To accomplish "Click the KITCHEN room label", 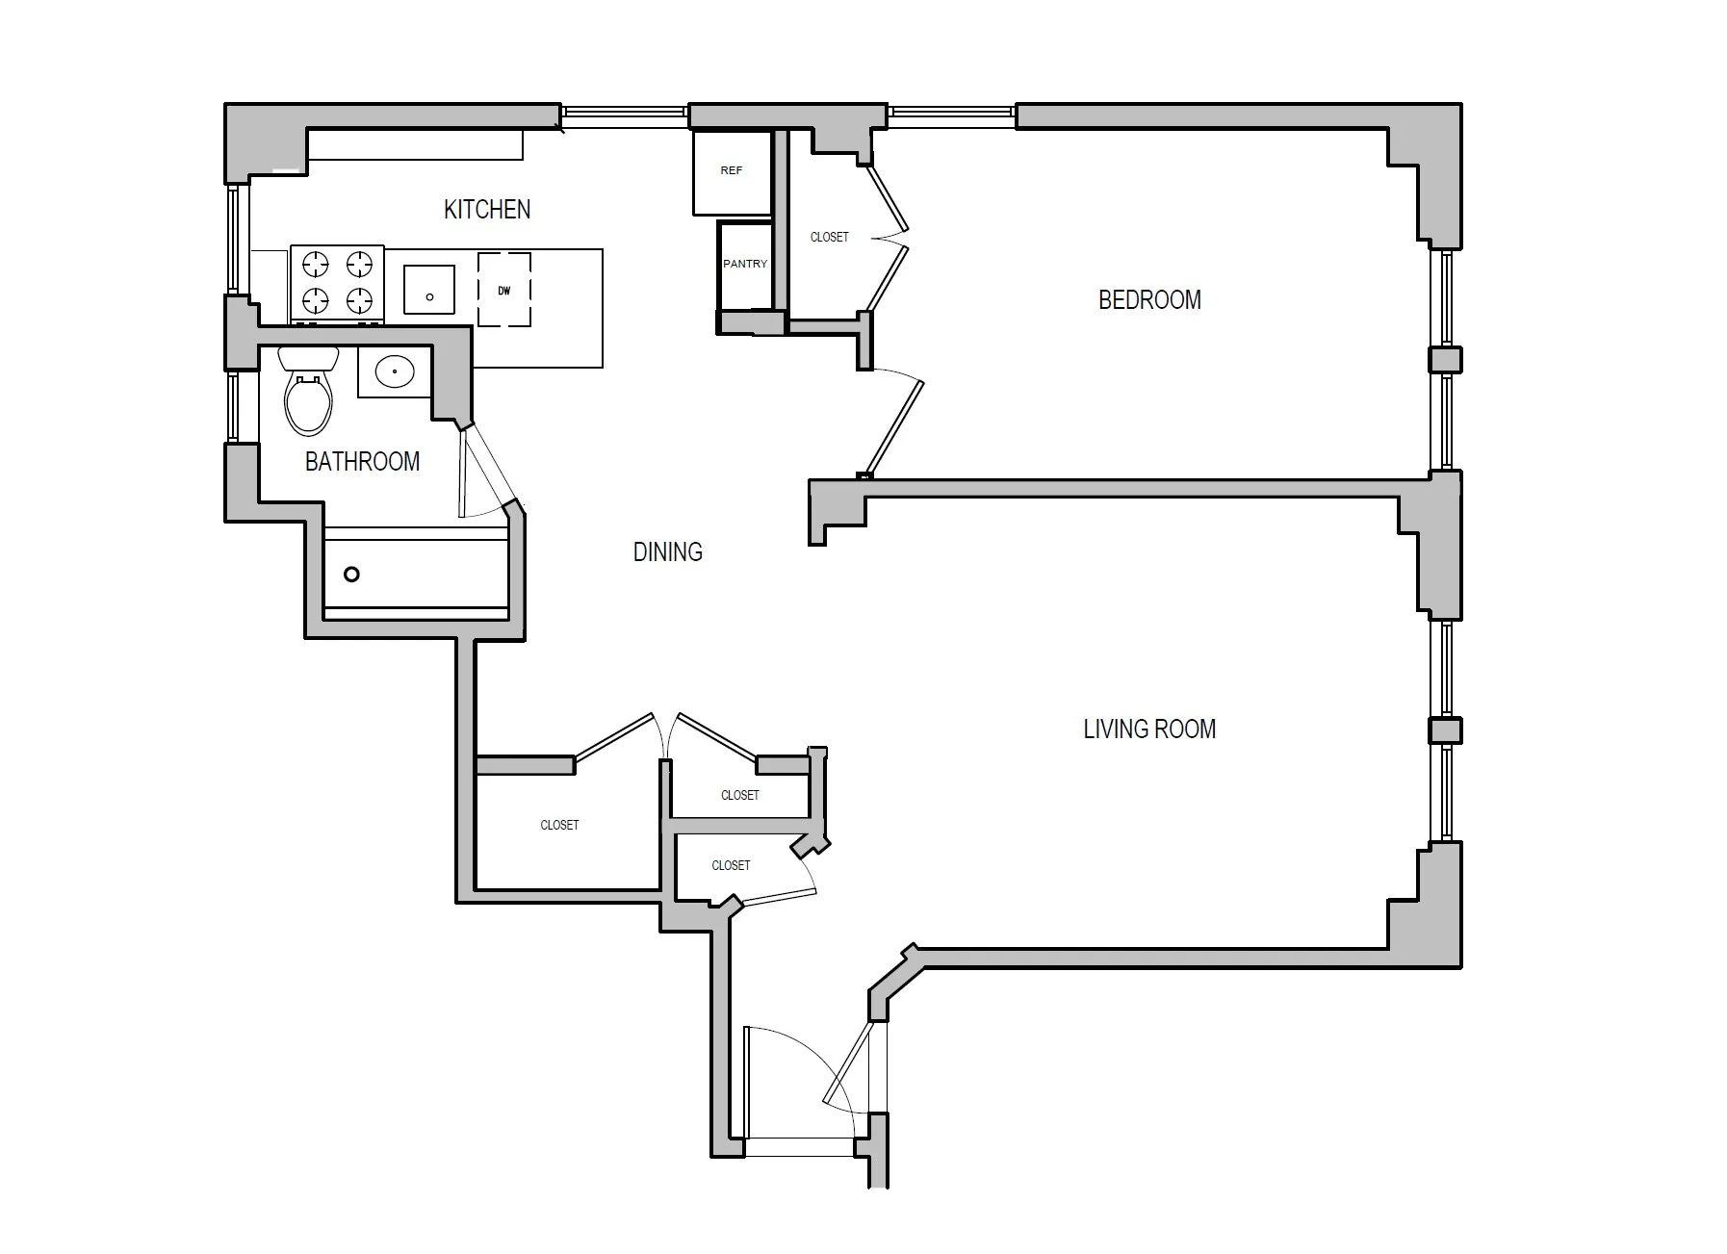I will (x=486, y=209).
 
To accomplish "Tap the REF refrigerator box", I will (x=732, y=171).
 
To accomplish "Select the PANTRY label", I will (x=745, y=264).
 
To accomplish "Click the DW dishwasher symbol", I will (x=504, y=290).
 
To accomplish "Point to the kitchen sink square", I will (x=428, y=290).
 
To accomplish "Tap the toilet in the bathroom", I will (x=308, y=395).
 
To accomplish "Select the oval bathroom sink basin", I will (x=395, y=371).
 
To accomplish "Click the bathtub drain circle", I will (x=351, y=575).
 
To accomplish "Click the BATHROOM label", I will (x=362, y=462).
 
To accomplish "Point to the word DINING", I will (x=667, y=552).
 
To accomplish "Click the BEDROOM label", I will (x=1149, y=300).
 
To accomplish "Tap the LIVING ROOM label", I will (x=1149, y=729).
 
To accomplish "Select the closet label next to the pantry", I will (x=829, y=237).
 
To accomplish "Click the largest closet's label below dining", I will (x=559, y=825).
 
